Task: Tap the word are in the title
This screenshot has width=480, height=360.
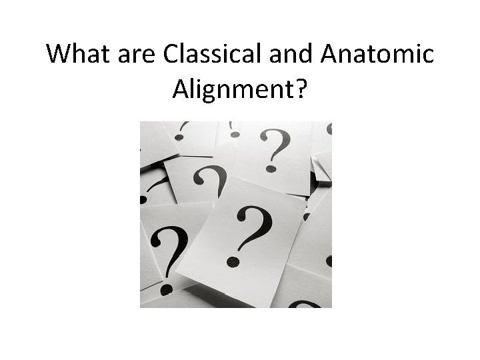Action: (136, 53)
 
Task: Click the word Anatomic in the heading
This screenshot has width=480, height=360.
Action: (377, 53)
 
